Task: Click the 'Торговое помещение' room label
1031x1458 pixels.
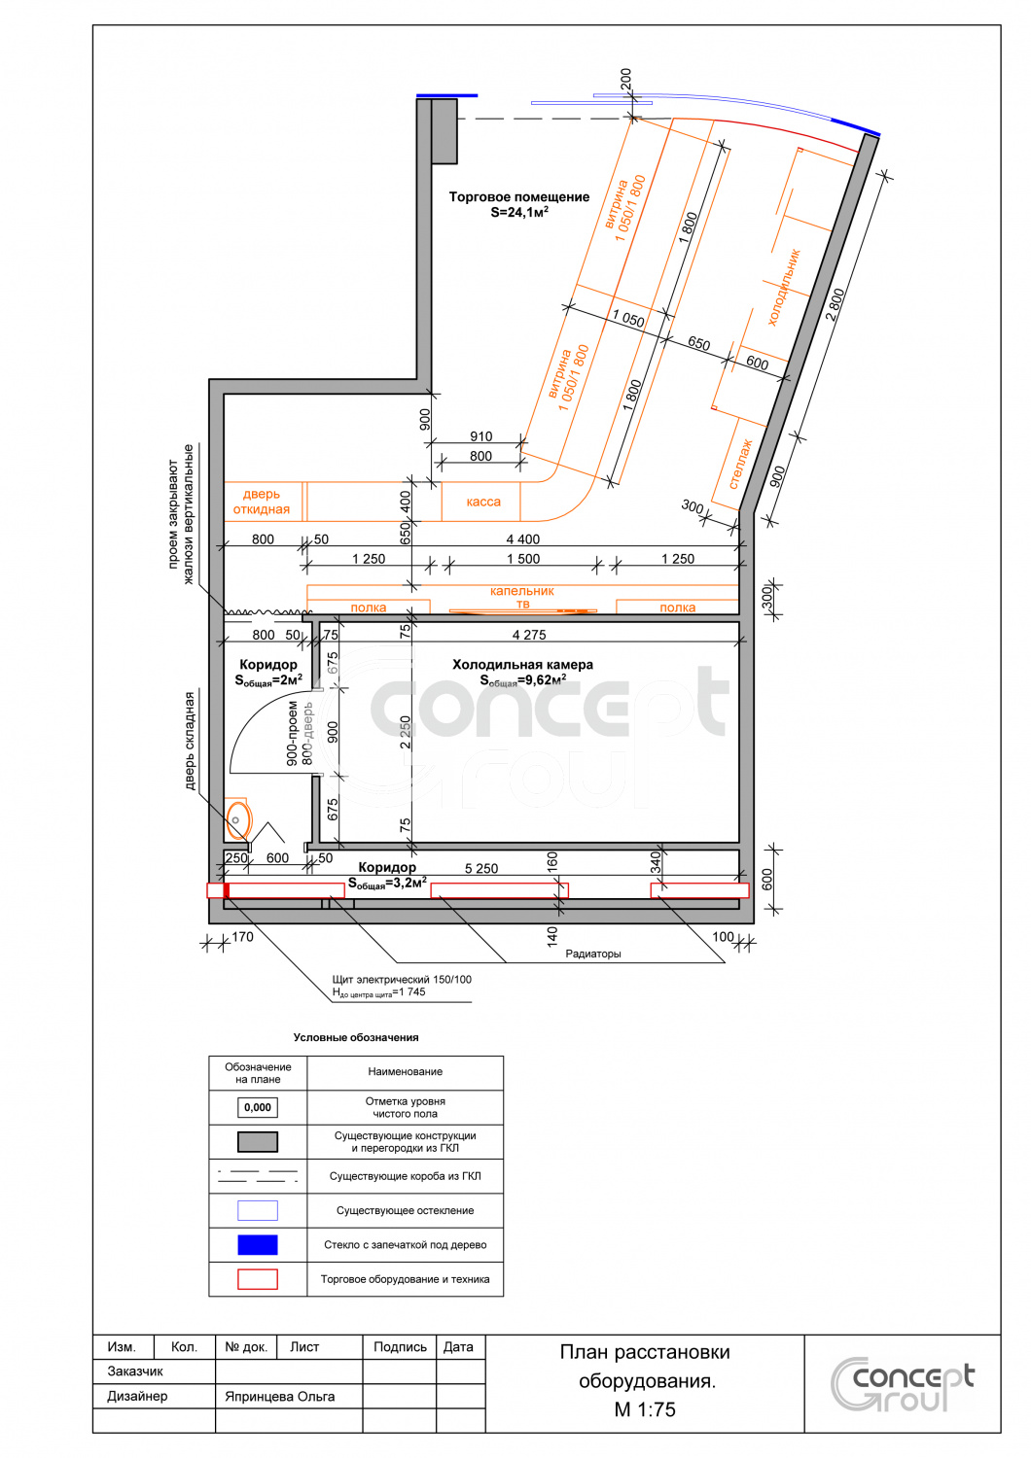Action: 519,196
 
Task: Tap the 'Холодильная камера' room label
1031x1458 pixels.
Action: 522,665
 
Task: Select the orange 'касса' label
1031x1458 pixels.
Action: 483,502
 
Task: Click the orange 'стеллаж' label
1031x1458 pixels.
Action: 740,464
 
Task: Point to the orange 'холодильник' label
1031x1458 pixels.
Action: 784,287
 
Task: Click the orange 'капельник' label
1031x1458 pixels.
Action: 521,591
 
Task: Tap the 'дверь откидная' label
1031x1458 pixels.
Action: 262,502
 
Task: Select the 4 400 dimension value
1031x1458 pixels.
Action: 523,538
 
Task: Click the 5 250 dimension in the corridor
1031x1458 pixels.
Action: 481,868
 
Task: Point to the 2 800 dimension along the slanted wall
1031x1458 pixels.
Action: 835,304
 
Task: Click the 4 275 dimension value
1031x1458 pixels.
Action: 529,635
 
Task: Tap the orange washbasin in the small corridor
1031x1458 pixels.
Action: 237,818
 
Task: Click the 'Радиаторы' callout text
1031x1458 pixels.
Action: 592,954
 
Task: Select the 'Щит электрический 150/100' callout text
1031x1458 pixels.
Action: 401,979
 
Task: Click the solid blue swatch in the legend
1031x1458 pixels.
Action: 257,1244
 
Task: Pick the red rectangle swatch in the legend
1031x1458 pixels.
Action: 257,1279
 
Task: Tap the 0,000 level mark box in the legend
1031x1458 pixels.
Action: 257,1107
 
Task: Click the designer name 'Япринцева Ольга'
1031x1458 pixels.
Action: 279,1396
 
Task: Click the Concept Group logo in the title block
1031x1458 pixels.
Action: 903,1384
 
